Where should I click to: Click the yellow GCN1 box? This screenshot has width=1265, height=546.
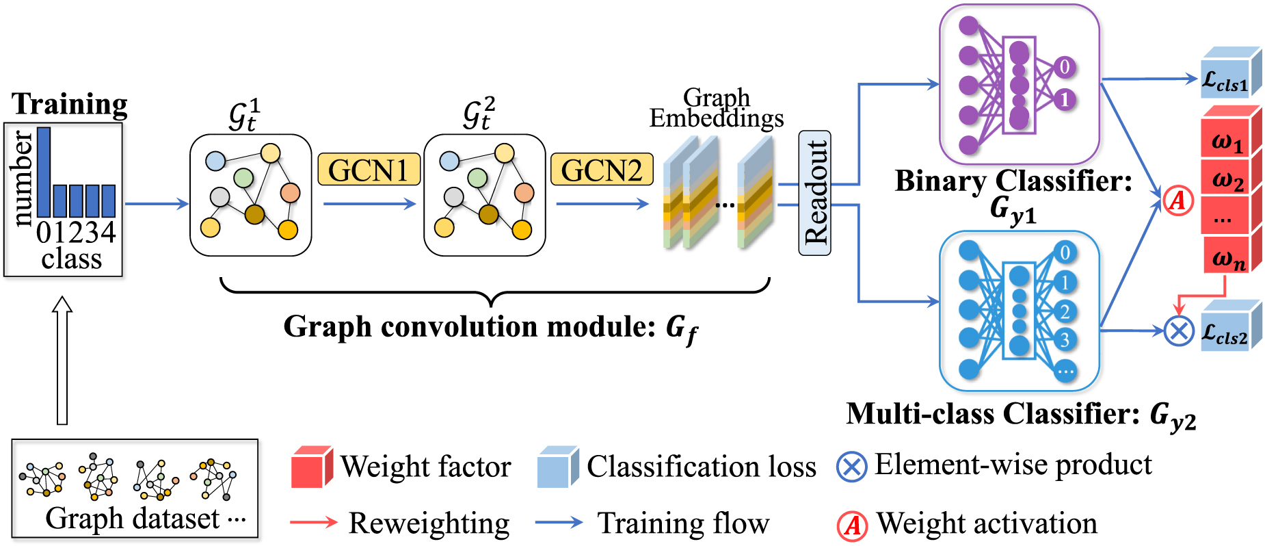[x=369, y=170]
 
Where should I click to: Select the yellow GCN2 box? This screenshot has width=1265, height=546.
[x=602, y=170]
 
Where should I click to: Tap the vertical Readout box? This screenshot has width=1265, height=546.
[x=814, y=193]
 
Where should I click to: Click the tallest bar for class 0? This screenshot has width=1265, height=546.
[x=44, y=172]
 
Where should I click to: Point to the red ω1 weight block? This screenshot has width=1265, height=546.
[x=1227, y=141]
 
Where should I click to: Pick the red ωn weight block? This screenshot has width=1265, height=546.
[x=1227, y=257]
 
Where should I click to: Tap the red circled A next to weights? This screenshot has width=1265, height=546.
[x=1178, y=200]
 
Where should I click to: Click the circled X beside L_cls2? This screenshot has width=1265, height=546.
[x=1179, y=332]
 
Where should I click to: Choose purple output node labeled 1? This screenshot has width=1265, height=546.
[x=1065, y=100]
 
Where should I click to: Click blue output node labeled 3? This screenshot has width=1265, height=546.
[x=1065, y=339]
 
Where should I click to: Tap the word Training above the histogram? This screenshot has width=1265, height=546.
[x=70, y=104]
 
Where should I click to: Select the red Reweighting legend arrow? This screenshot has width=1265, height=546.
[x=314, y=523]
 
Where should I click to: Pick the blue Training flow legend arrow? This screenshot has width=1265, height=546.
[x=559, y=523]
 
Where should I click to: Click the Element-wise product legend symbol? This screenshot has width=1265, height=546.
[x=851, y=467]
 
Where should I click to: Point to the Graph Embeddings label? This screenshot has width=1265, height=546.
[x=716, y=108]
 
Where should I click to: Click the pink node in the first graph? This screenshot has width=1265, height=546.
[x=290, y=192]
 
